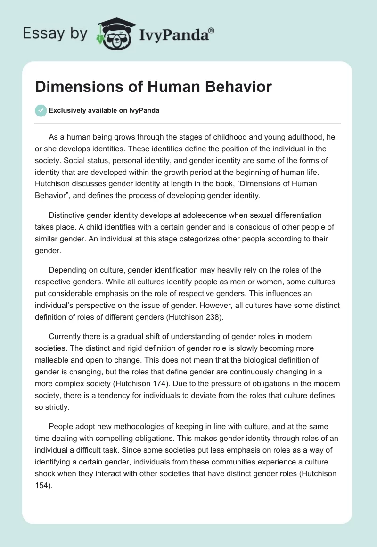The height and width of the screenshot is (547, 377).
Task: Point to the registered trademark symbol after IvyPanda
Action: [212, 31]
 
